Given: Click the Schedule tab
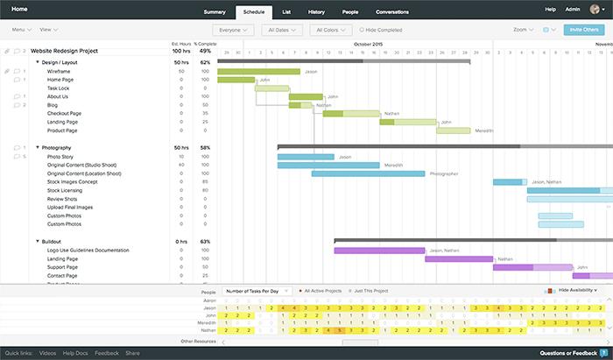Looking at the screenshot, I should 254,12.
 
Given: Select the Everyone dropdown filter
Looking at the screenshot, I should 233,30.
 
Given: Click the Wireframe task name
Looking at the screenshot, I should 59,71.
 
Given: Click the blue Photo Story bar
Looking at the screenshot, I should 306,157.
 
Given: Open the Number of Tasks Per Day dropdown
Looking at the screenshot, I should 255,290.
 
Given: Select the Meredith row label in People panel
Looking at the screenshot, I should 205,322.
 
